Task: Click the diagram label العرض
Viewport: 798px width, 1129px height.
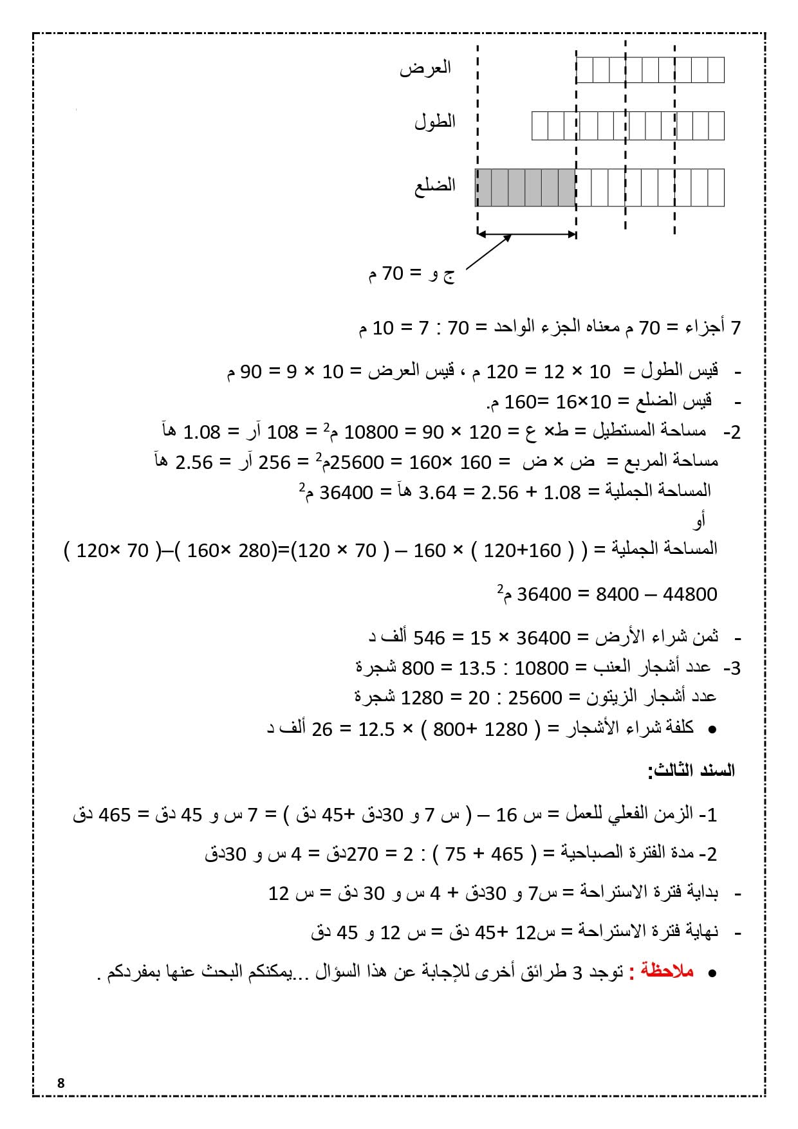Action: pyautogui.click(x=425, y=68)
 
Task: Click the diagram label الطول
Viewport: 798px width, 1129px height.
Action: pyautogui.click(x=434, y=122)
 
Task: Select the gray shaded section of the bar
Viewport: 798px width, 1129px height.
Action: pyautogui.click(x=525, y=187)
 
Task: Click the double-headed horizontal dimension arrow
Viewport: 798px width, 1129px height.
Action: pyautogui.click(x=526, y=234)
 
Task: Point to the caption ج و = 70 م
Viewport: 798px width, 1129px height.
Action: pyautogui.click(x=411, y=275)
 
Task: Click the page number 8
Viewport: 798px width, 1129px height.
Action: pyautogui.click(x=61, y=1083)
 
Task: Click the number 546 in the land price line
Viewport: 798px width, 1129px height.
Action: pyautogui.click(x=429, y=638)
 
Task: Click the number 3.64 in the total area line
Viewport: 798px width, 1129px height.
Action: pyautogui.click(x=438, y=492)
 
